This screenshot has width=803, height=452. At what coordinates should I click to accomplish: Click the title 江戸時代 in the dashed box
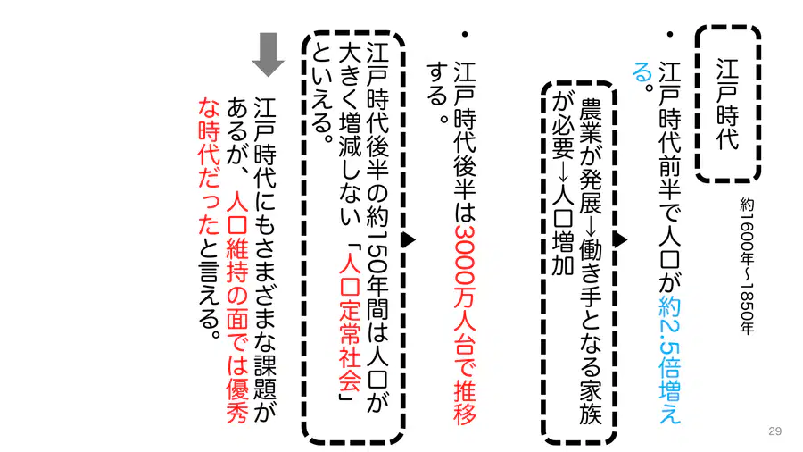click(x=727, y=104)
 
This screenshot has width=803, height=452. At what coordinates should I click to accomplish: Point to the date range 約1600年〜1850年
click(x=747, y=266)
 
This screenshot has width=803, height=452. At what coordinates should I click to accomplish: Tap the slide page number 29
click(x=774, y=431)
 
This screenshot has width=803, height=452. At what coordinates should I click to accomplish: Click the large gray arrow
click(x=268, y=54)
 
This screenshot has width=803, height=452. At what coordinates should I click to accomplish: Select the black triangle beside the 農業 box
click(x=621, y=239)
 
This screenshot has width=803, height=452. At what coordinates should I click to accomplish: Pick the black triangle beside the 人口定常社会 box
click(x=409, y=239)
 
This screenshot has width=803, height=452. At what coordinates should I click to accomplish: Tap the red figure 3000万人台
click(x=465, y=288)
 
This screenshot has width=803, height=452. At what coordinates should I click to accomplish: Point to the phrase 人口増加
click(x=562, y=230)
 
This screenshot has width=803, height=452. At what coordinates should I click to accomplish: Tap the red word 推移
click(x=465, y=403)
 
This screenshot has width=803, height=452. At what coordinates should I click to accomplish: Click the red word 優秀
click(x=237, y=401)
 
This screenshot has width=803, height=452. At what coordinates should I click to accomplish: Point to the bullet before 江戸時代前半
click(x=669, y=35)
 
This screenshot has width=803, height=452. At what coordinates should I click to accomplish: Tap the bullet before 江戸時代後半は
click(x=465, y=35)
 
